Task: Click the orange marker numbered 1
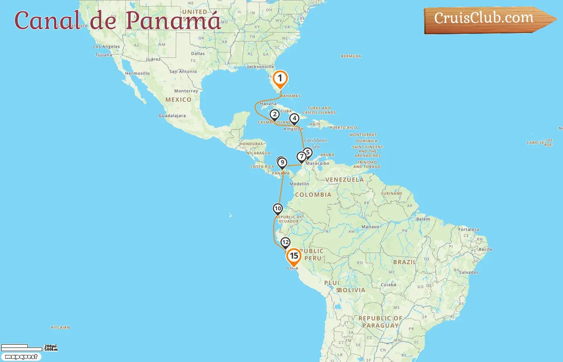tap(280, 79)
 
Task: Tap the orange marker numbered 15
tap(294, 257)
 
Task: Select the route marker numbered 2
tap(275, 115)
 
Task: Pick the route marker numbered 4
tap(295, 119)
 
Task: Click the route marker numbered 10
tap(278, 209)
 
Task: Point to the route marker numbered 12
tap(286, 243)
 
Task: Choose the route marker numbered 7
tap(302, 157)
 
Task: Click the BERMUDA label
tap(351, 56)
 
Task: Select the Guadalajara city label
tap(172, 116)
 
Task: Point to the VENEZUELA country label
tap(344, 180)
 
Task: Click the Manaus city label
tap(370, 227)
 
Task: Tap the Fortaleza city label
tap(468, 230)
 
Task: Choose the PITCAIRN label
tap(60, 327)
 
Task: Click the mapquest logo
tap(21, 357)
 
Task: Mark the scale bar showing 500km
tap(22, 348)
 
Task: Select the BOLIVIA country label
tap(351, 290)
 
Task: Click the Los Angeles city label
tap(107, 47)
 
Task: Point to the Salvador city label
tap(468, 272)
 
